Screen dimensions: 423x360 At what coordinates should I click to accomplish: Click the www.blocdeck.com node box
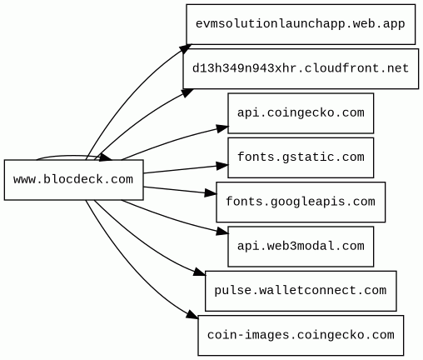point(74,180)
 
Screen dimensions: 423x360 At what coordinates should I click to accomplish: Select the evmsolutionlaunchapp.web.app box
point(301,24)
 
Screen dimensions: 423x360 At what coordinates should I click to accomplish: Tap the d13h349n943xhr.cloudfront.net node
point(301,68)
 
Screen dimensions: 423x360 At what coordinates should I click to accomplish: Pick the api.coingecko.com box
point(301,113)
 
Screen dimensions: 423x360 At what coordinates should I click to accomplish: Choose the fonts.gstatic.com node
point(301,157)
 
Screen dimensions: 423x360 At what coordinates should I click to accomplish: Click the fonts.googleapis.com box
point(301,202)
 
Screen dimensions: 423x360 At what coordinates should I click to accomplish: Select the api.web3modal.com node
point(301,247)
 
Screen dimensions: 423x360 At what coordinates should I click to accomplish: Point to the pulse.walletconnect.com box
point(301,291)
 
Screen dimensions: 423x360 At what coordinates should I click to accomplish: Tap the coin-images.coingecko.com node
point(301,335)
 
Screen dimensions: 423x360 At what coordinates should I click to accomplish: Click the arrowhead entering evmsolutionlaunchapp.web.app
point(186,48)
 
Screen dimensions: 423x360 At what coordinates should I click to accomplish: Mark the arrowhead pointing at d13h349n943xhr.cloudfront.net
point(187,92)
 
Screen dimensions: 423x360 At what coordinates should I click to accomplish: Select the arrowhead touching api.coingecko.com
point(222,128)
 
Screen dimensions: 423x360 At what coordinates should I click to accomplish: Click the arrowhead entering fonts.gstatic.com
point(222,166)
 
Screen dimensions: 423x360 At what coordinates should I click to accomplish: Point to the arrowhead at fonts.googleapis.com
point(211,192)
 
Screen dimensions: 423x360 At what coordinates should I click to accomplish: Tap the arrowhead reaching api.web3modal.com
point(222,232)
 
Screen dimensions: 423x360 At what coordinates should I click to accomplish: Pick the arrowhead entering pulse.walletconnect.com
point(200,272)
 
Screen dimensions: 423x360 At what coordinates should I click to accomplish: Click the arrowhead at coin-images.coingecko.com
point(192,315)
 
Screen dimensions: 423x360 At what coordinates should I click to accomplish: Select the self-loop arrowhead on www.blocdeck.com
point(106,157)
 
